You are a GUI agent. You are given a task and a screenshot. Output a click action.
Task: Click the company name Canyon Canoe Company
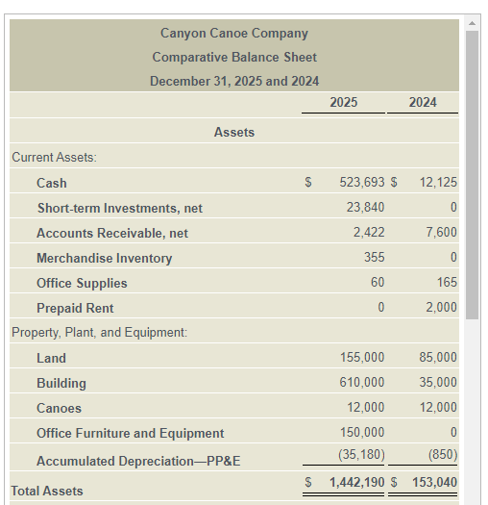click(x=234, y=34)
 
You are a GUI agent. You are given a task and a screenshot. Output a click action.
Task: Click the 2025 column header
click(x=343, y=102)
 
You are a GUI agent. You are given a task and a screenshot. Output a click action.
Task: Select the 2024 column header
click(x=423, y=102)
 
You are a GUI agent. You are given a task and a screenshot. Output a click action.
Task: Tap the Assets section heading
click(x=234, y=132)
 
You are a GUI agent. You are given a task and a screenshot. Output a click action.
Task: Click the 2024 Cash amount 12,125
click(x=438, y=183)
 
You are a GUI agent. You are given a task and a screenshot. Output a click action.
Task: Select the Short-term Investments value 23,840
click(x=365, y=208)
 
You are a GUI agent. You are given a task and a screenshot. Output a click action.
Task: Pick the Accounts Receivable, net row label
click(x=112, y=233)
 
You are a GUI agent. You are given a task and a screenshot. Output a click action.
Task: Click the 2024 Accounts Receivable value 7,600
click(x=441, y=233)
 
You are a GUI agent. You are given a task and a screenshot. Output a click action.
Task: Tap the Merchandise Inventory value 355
click(x=374, y=258)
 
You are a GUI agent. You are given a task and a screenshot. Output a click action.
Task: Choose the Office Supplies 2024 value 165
click(x=446, y=283)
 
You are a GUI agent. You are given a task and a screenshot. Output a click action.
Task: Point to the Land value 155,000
click(x=362, y=358)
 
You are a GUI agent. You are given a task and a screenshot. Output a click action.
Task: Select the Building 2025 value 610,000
click(x=362, y=383)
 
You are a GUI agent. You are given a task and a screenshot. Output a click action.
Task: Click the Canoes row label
click(x=59, y=408)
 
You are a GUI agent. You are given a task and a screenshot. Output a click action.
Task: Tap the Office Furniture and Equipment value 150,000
click(x=362, y=433)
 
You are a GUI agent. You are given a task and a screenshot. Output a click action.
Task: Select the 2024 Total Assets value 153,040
click(x=434, y=482)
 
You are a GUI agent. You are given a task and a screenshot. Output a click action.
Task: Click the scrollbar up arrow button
click(x=472, y=22)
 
